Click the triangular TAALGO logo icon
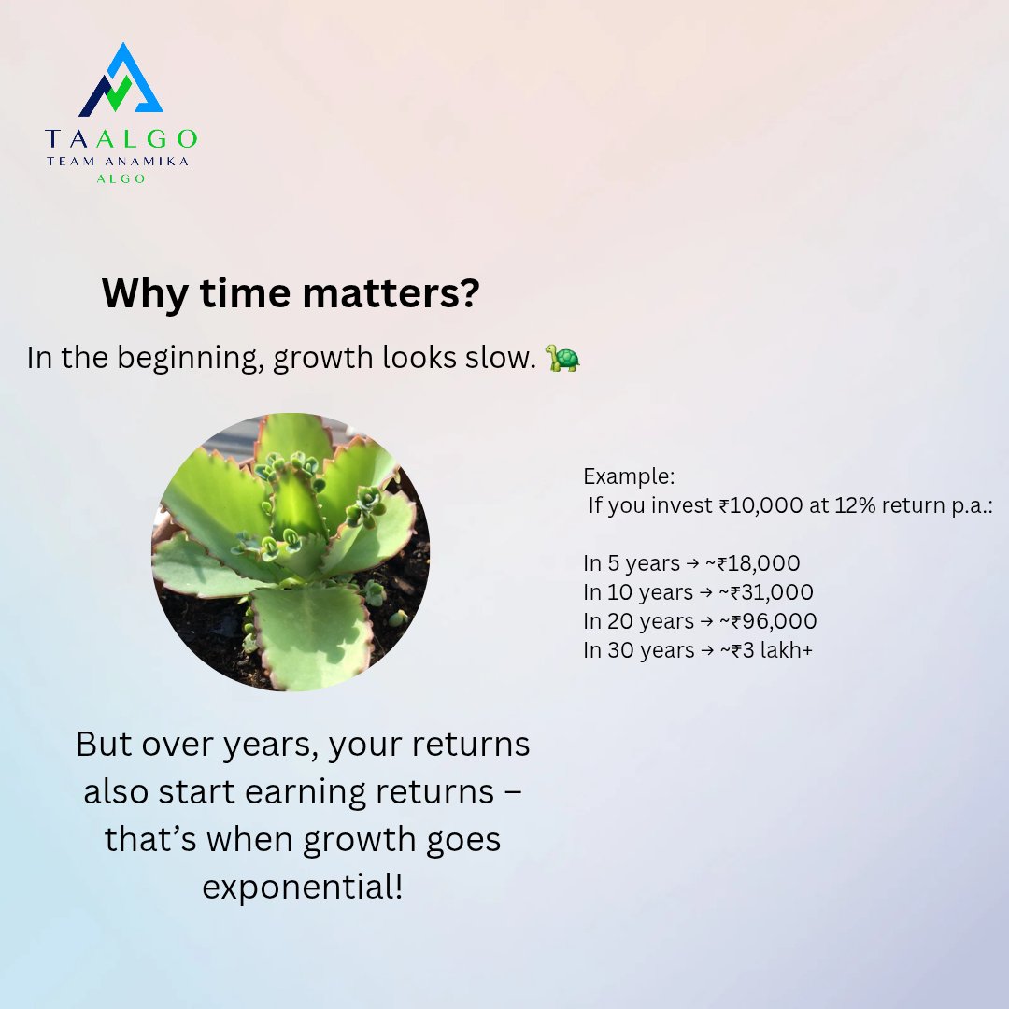coord(121,81)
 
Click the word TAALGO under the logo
coord(121,139)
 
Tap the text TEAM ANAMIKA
coord(121,162)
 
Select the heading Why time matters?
coord(291,293)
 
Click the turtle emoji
coord(562,358)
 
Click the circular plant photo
coord(291,552)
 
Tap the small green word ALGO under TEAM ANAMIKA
coord(121,178)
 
